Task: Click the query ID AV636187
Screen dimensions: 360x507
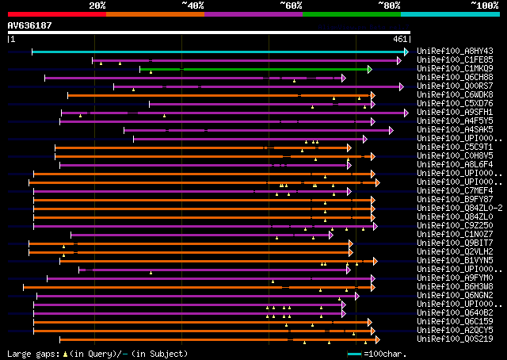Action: click(29, 25)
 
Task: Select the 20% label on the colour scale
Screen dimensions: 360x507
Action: click(97, 6)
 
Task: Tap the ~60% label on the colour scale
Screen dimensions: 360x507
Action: click(291, 6)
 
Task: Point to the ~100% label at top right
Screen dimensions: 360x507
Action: click(485, 6)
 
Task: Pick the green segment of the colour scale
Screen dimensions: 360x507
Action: click(351, 13)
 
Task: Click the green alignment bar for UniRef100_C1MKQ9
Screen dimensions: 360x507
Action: click(253, 69)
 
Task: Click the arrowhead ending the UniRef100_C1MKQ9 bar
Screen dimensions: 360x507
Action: click(369, 69)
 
